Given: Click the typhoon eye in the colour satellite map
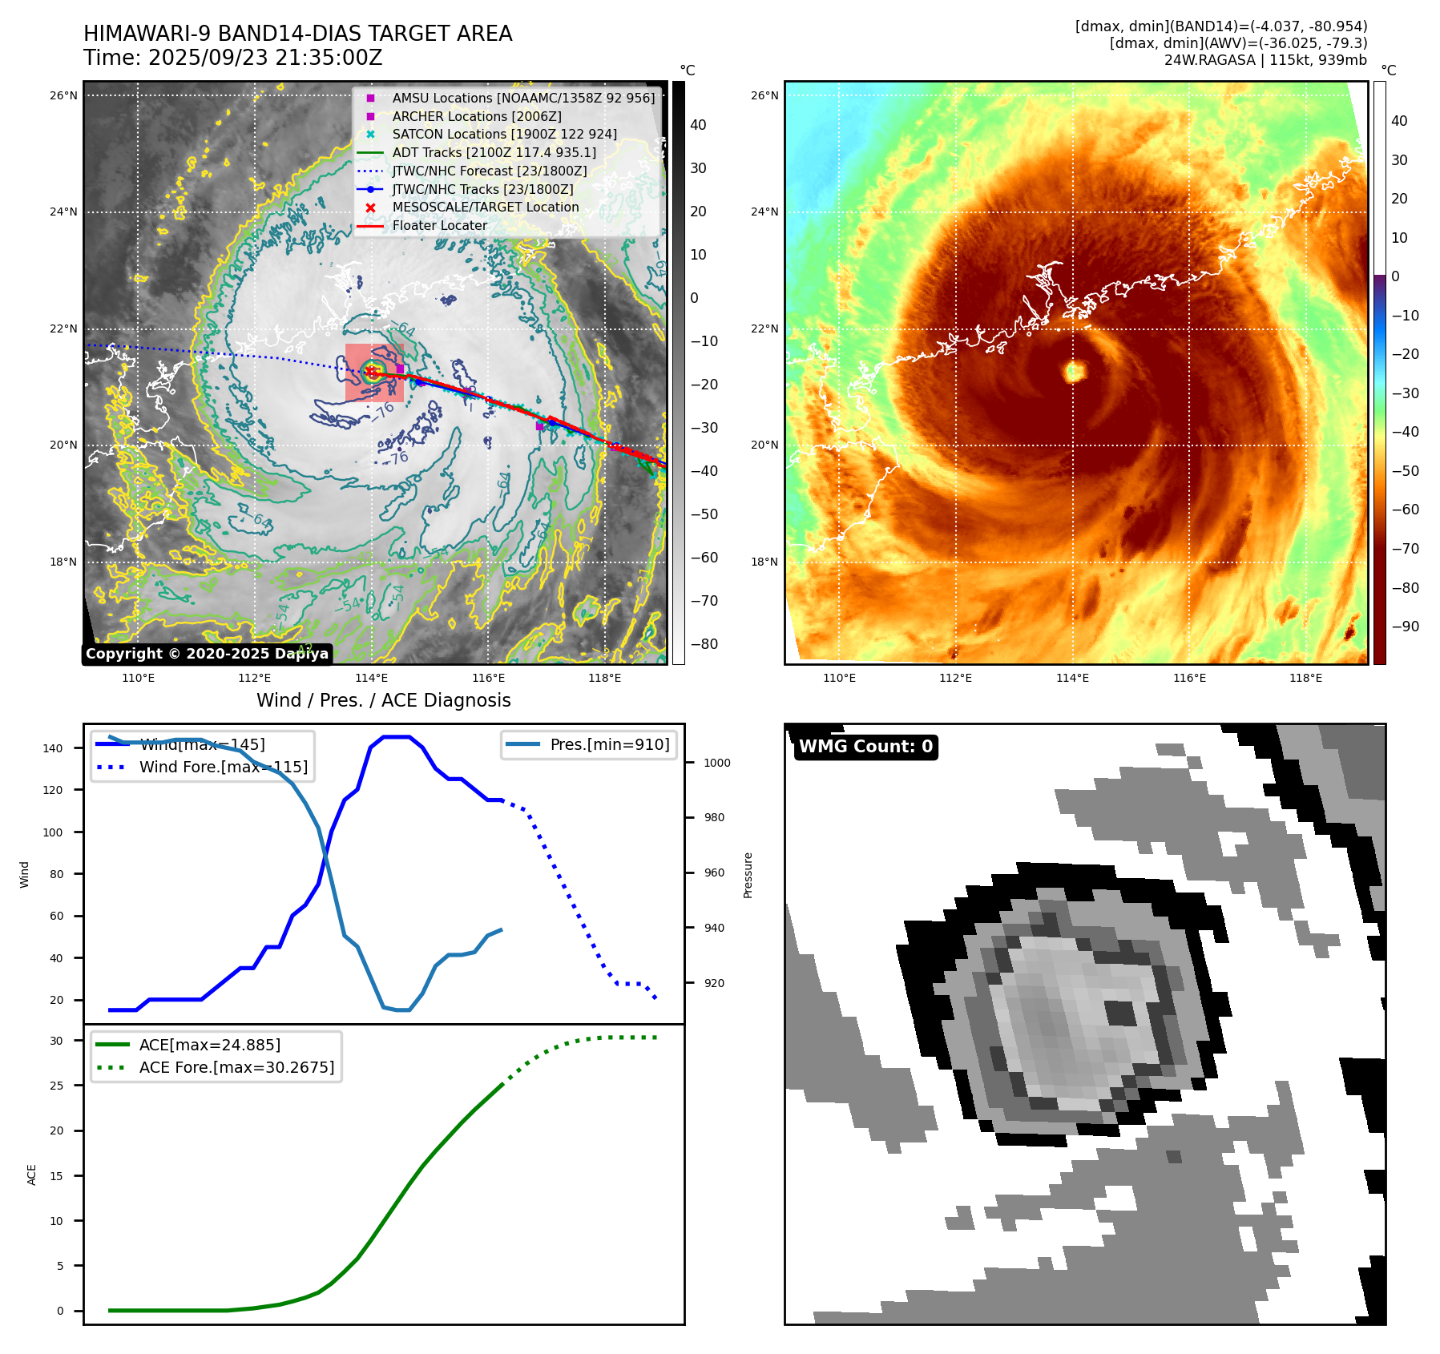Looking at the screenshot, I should click(x=1074, y=371).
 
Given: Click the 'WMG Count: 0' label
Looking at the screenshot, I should click(x=865, y=747).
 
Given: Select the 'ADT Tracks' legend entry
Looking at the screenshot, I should click(x=494, y=152).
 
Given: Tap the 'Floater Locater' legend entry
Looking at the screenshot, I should click(x=439, y=225).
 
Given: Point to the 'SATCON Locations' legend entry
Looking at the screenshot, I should click(x=504, y=134).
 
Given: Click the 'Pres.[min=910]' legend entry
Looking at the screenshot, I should click(x=609, y=744).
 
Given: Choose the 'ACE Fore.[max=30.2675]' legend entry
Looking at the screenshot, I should click(x=236, y=1067).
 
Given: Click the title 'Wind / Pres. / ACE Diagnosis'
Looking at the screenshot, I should click(x=383, y=700).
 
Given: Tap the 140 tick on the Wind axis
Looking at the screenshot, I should click(x=53, y=748).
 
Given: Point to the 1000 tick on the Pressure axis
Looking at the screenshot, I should click(x=716, y=763).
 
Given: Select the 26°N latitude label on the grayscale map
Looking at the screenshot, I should click(x=63, y=95).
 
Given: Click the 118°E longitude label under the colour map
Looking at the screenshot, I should click(x=1305, y=678).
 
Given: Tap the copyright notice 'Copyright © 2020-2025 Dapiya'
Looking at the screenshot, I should click(x=207, y=654).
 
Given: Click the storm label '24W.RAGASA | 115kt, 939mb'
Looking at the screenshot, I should click(x=1265, y=60).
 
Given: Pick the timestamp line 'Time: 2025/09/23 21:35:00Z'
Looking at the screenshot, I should click(x=232, y=58).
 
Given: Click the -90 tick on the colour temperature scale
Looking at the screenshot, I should click(x=1405, y=627).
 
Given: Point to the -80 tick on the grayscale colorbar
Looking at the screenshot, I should click(x=704, y=644).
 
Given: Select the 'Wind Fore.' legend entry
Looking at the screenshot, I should click(x=223, y=767).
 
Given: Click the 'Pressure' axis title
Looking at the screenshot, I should click(x=748, y=875).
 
